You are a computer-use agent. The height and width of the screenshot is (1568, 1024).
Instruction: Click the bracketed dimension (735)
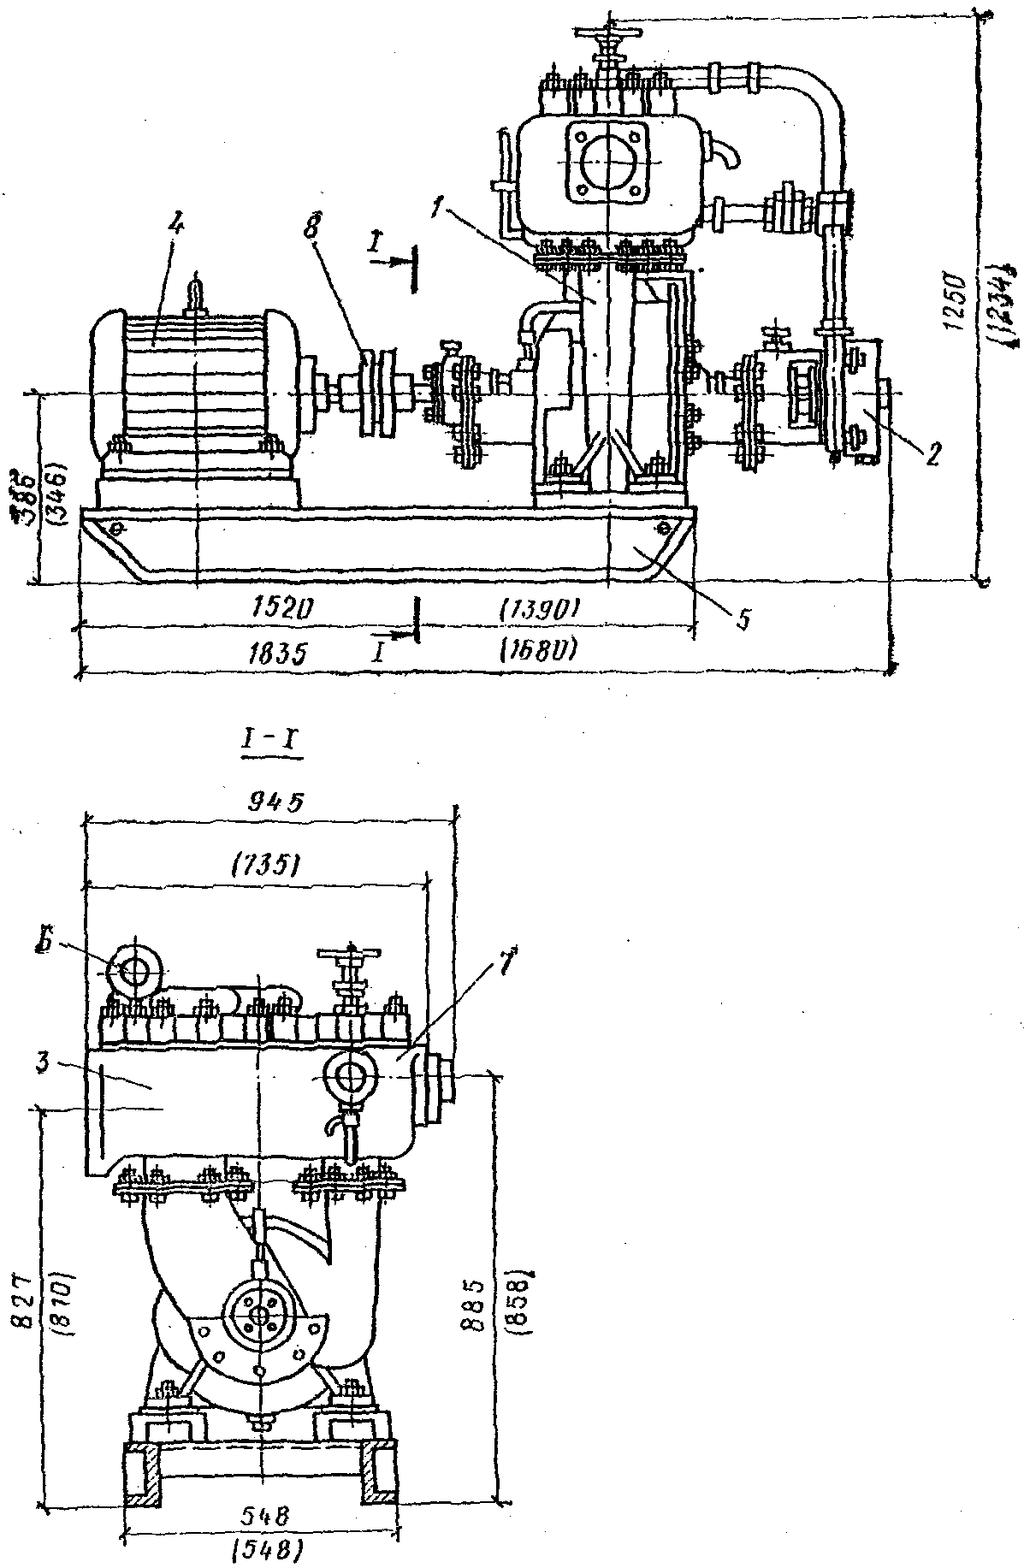coord(264,867)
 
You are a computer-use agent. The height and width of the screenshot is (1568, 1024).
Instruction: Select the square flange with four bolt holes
coord(607,163)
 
